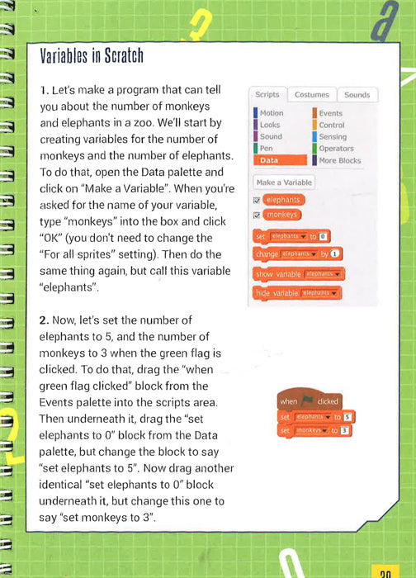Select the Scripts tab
267,95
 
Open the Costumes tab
312,95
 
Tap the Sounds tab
357,95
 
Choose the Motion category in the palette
271,113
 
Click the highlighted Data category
269,160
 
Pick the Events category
330,113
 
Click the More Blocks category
339,160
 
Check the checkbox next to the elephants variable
258,200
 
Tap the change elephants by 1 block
298,253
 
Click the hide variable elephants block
297,293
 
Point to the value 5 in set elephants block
348,417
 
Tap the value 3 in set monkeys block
344,430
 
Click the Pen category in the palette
266,149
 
